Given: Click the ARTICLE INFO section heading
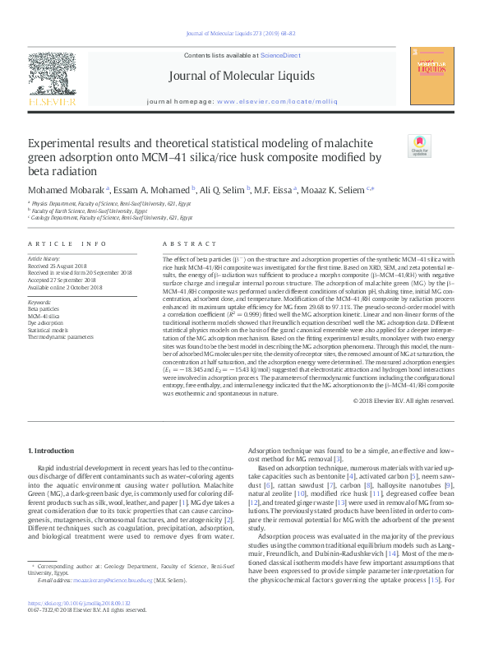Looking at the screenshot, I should [x=67, y=244].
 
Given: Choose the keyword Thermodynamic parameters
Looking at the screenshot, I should [x=61, y=337].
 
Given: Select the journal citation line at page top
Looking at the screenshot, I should [x=244, y=35].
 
